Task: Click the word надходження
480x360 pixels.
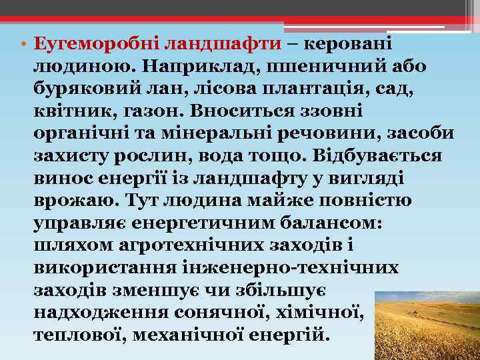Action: [x=101, y=311]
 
